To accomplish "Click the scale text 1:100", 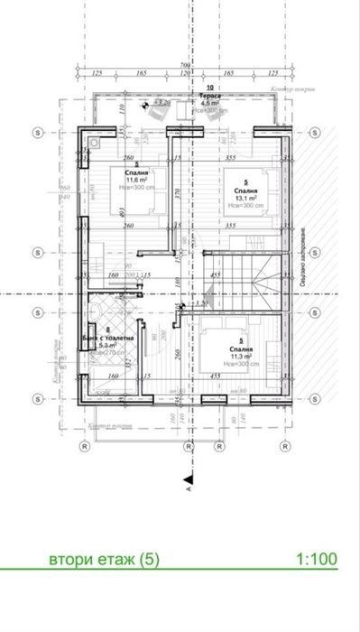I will pos(321,560).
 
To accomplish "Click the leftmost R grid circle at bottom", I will pos(84,446).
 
